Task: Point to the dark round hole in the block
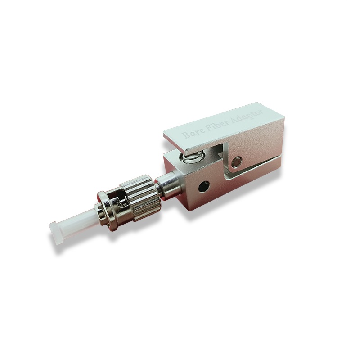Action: pos(204,185)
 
